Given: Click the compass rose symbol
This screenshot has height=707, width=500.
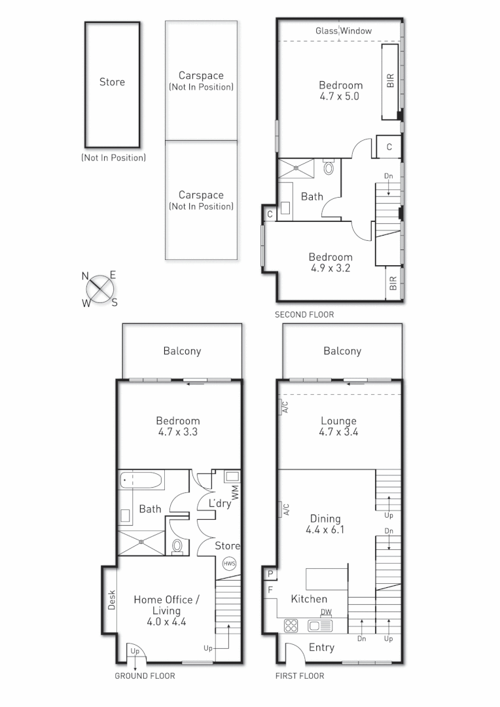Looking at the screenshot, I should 99,289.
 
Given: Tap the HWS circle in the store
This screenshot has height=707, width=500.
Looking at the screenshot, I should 229,564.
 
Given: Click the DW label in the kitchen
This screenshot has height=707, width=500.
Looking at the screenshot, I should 326,612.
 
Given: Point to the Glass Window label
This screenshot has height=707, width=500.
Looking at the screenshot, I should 344,31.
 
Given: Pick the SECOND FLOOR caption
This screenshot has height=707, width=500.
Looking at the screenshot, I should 304,315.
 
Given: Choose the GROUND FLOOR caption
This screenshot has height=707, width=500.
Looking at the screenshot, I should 145,676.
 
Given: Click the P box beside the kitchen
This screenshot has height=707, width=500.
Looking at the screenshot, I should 270,574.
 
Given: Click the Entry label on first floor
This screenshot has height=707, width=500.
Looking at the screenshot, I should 321,647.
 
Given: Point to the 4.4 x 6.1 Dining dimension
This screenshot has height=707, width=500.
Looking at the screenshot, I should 325,530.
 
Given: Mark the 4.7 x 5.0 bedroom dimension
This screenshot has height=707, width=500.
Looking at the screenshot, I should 340,96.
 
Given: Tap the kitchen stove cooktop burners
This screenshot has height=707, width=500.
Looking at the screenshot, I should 291,625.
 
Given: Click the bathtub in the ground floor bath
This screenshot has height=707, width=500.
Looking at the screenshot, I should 141,481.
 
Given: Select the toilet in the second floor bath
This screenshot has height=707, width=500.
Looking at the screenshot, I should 329,168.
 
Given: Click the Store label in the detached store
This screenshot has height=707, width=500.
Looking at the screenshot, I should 112,82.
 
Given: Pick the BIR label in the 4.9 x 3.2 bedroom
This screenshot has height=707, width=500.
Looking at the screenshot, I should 393,283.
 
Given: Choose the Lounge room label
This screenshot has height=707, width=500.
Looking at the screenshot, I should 338,421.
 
